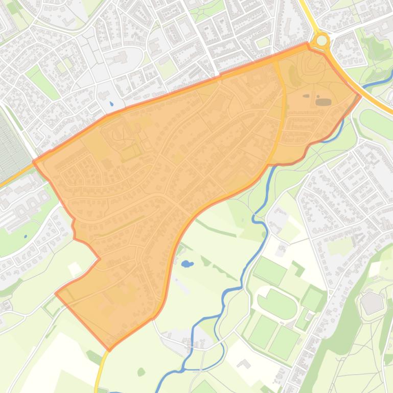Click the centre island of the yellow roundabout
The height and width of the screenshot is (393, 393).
pyautogui.click(x=321, y=40)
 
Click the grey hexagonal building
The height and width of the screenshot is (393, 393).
pyautogui.click(x=371, y=303)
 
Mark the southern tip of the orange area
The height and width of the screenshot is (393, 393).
pyautogui.click(x=109, y=350)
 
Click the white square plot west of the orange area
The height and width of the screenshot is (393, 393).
pyautogui.click(x=75, y=268)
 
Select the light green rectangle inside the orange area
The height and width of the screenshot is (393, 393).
pyautogui.click(x=130, y=152)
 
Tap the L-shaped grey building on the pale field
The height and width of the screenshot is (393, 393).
pyautogui.click(x=244, y=364)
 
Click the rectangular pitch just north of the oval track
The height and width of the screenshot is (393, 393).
pyautogui.click(x=270, y=271)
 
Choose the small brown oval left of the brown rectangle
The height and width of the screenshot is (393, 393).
pyautogui.click(x=306, y=95)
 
